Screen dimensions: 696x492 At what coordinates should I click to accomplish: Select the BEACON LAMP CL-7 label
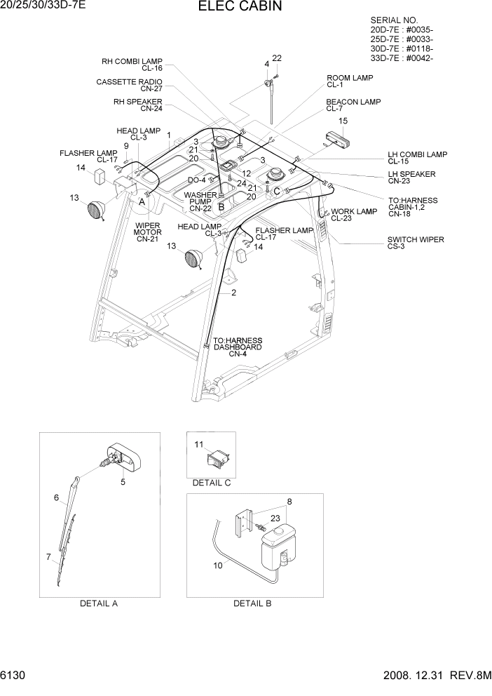click(x=353, y=105)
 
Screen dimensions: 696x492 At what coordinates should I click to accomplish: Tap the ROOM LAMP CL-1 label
click(x=350, y=81)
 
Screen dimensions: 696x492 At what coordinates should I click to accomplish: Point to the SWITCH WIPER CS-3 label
click(x=416, y=243)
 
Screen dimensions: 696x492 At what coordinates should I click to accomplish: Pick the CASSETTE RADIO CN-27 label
click(x=129, y=86)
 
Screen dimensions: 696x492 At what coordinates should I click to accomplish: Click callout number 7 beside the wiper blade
click(x=49, y=557)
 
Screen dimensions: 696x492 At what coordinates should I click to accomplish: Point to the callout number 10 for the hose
click(x=217, y=563)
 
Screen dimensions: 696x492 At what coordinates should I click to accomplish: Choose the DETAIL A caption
click(x=98, y=603)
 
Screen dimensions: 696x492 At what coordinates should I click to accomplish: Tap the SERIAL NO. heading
click(x=393, y=20)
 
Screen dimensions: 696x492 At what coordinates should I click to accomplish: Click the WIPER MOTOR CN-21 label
click(x=148, y=232)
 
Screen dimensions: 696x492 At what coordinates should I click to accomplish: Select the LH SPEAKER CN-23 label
click(x=411, y=178)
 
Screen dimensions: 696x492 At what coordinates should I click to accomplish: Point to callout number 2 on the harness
click(x=233, y=292)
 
